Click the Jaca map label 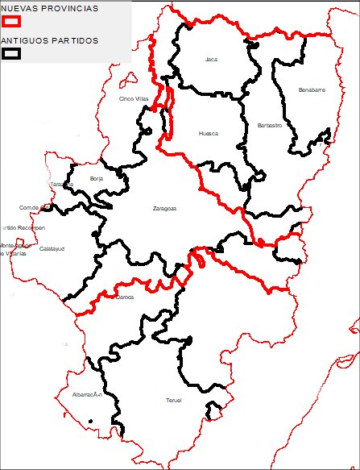click(x=212, y=59)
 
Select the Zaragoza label click(x=164, y=209)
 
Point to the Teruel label click(x=174, y=401)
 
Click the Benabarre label click(x=311, y=89)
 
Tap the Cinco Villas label click(x=134, y=98)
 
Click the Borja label click(x=97, y=178)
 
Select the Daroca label click(x=125, y=297)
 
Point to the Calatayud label click(x=52, y=248)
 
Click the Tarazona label click(x=61, y=184)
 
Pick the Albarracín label click(x=86, y=395)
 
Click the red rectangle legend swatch click(x=11, y=23)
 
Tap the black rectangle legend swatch click(x=11, y=54)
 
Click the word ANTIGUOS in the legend click(x=22, y=40)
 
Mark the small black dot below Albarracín click(x=91, y=422)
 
